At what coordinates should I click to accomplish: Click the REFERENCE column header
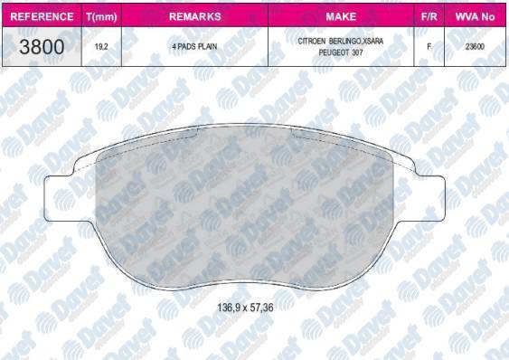[42, 17]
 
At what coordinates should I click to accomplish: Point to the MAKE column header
[341, 17]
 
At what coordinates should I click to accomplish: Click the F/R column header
[429, 17]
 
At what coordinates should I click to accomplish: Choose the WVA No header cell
[476, 17]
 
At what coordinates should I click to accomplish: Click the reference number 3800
[42, 47]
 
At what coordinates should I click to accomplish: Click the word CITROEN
[314, 42]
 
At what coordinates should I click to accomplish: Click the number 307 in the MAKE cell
[359, 53]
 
